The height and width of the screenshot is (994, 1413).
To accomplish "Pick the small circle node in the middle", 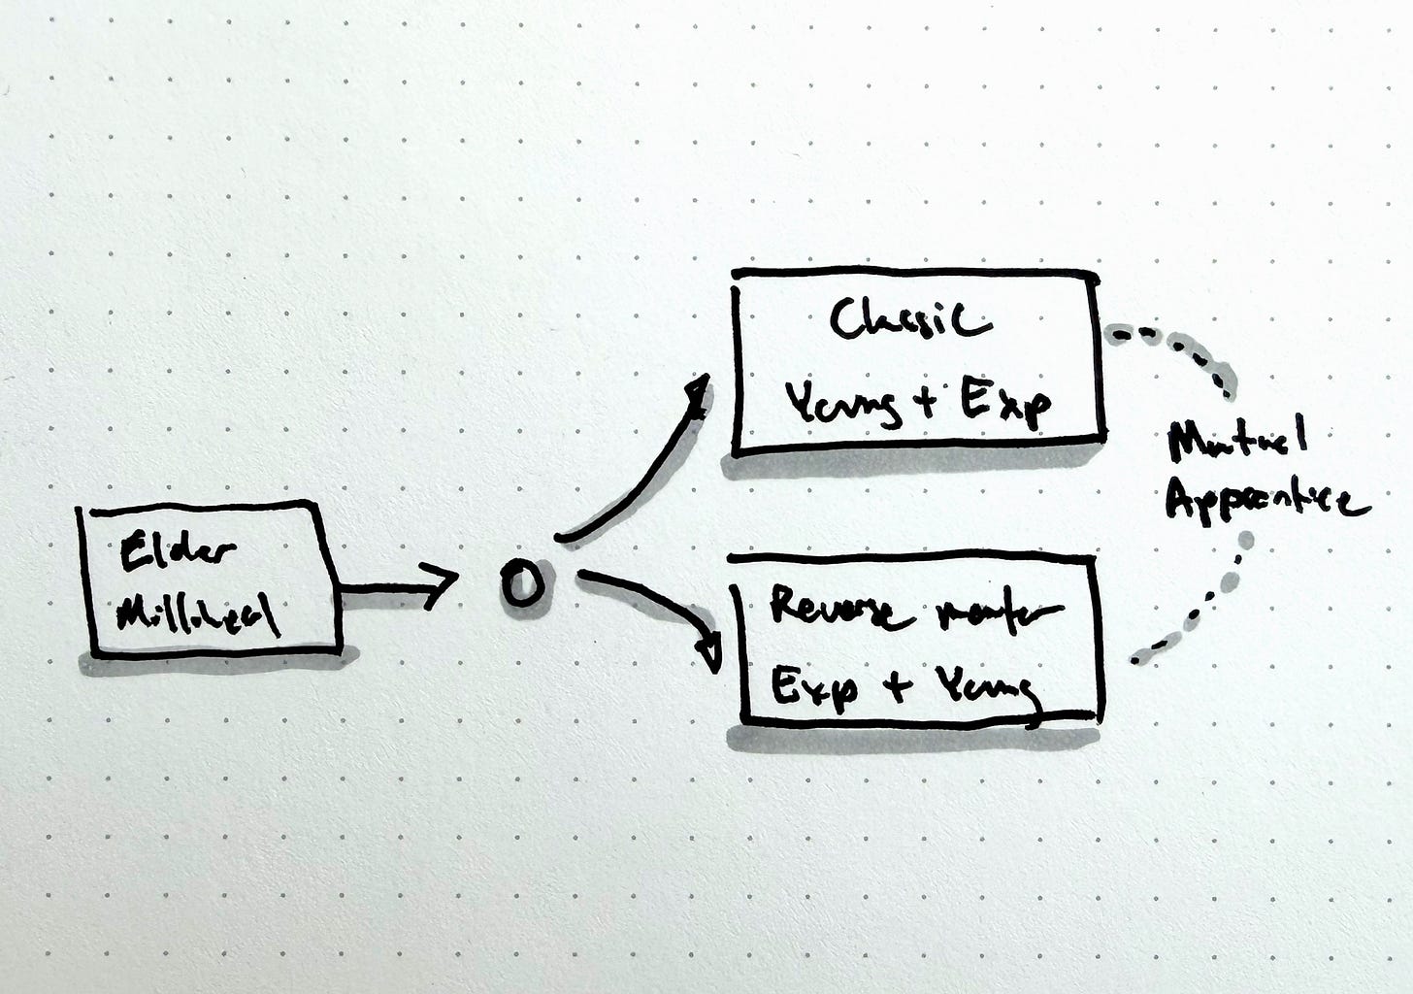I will [521, 584].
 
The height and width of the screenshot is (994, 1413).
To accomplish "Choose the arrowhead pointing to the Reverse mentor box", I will [711, 649].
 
